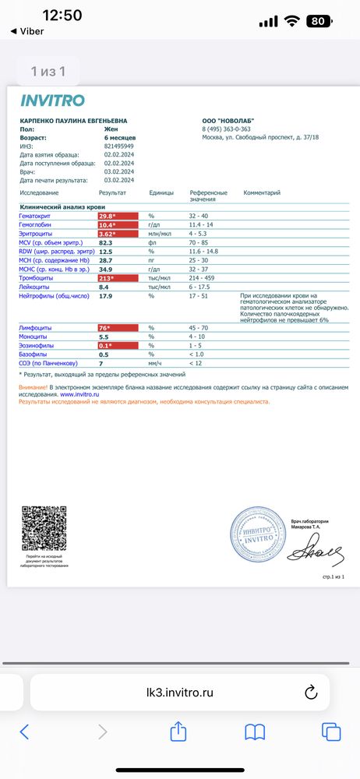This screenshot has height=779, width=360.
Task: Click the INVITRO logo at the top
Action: tap(52, 100)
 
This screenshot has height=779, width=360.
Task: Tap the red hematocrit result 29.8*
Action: tap(108, 216)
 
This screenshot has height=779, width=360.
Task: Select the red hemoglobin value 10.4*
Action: tap(108, 224)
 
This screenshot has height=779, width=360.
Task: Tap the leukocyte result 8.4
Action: tap(104, 287)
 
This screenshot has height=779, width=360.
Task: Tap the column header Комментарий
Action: tap(263, 192)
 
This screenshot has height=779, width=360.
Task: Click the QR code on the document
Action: tap(43, 528)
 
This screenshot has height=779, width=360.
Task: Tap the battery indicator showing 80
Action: tap(317, 21)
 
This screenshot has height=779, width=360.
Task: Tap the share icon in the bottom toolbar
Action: tap(178, 731)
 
